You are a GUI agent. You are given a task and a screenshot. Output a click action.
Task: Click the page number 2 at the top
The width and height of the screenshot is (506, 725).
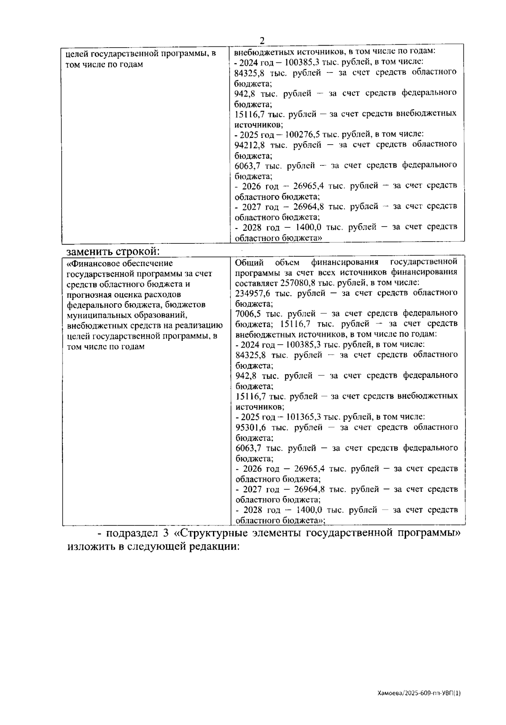[x=262, y=40]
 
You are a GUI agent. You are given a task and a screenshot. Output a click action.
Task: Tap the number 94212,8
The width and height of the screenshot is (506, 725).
[x=250, y=145]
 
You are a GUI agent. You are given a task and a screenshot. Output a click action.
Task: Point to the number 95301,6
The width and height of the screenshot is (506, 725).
[x=250, y=427]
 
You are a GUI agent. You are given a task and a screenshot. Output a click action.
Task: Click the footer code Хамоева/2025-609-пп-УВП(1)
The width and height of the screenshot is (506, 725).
[x=419, y=693]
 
